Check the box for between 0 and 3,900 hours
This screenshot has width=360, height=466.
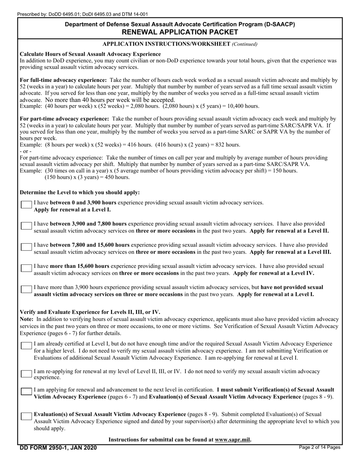tap(26, 205)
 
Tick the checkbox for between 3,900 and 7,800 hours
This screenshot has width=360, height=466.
tap(26, 226)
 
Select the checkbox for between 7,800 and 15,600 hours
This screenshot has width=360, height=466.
tap(26, 247)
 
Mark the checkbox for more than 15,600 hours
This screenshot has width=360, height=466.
tap(26, 268)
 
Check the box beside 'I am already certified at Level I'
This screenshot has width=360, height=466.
tap(26, 346)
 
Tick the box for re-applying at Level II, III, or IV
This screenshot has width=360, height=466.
tap(26, 374)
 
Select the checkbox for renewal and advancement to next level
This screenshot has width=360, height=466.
tap(26, 392)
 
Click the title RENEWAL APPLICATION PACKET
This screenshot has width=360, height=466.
tap(180, 32)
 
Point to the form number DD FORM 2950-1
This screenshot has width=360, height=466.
tap(58, 448)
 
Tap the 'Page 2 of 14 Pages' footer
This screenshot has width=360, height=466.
tap(319, 447)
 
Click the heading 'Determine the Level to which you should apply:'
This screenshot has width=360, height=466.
tap(80, 192)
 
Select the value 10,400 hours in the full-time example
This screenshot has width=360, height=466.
tap(244, 106)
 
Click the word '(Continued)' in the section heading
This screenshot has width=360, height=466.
tap(245, 44)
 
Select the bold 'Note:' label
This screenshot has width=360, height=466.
tap(27, 319)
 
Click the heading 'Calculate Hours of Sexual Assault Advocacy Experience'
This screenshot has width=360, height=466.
tap(90, 54)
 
